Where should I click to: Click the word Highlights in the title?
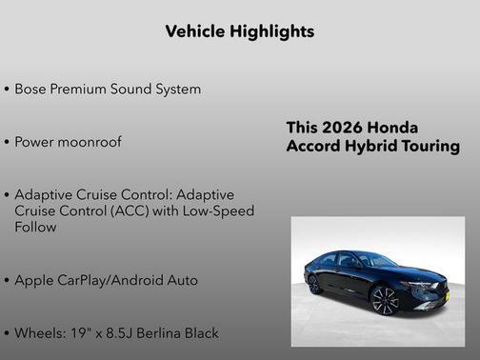click(x=270, y=31)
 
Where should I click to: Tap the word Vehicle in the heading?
click(x=194, y=31)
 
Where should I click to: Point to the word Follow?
click(x=35, y=228)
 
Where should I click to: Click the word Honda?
click(x=392, y=128)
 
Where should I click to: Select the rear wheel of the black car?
click(x=314, y=284)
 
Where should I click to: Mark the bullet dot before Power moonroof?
click(x=7, y=143)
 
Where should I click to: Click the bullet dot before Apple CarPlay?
click(x=7, y=282)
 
